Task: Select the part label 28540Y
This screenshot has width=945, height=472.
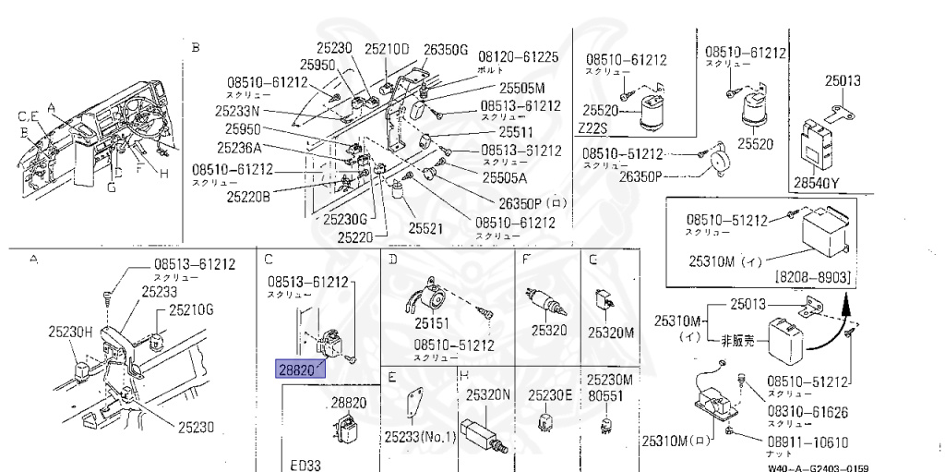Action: coord(816,183)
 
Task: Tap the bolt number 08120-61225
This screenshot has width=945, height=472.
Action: coord(518,57)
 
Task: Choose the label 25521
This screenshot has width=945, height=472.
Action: coord(427,227)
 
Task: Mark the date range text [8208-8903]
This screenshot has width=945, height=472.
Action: coord(812,277)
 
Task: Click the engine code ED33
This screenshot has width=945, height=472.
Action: coord(305,465)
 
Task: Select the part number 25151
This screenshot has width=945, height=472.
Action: coord(431,324)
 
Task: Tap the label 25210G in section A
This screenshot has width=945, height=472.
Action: coord(190,309)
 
